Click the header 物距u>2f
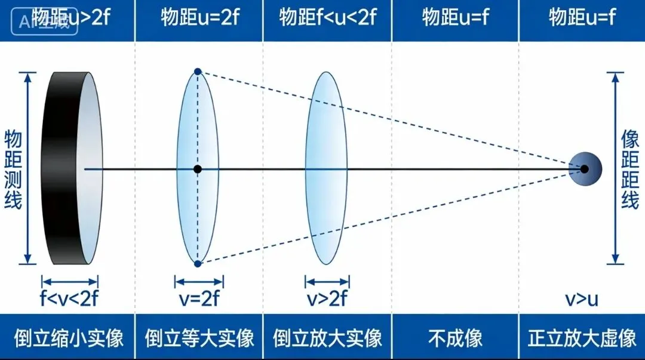[70, 17]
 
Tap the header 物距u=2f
[199, 17]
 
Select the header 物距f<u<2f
[328, 17]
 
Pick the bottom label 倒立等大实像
[199, 339]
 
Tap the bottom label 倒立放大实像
[328, 339]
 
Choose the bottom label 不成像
[456, 339]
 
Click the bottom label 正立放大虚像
[582, 339]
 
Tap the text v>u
[582, 299]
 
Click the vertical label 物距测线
[13, 169]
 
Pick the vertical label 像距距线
[631, 169]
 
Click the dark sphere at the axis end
[585, 169]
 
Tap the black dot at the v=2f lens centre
[198, 169]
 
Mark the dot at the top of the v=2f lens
[198, 72]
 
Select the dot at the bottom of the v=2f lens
[198, 263]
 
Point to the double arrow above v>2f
[327, 281]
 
